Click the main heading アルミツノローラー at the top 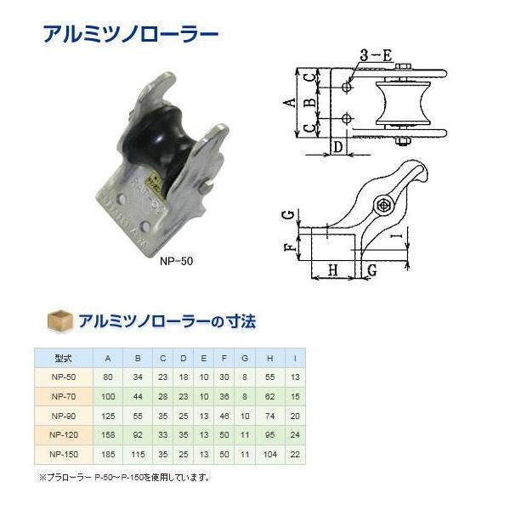click(x=130, y=35)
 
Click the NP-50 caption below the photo click(x=176, y=261)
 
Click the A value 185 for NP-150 click(x=107, y=451)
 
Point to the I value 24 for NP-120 click(x=294, y=433)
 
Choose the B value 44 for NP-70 click(x=138, y=396)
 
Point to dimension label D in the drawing click(x=337, y=147)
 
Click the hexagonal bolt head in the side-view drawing click(x=383, y=206)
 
